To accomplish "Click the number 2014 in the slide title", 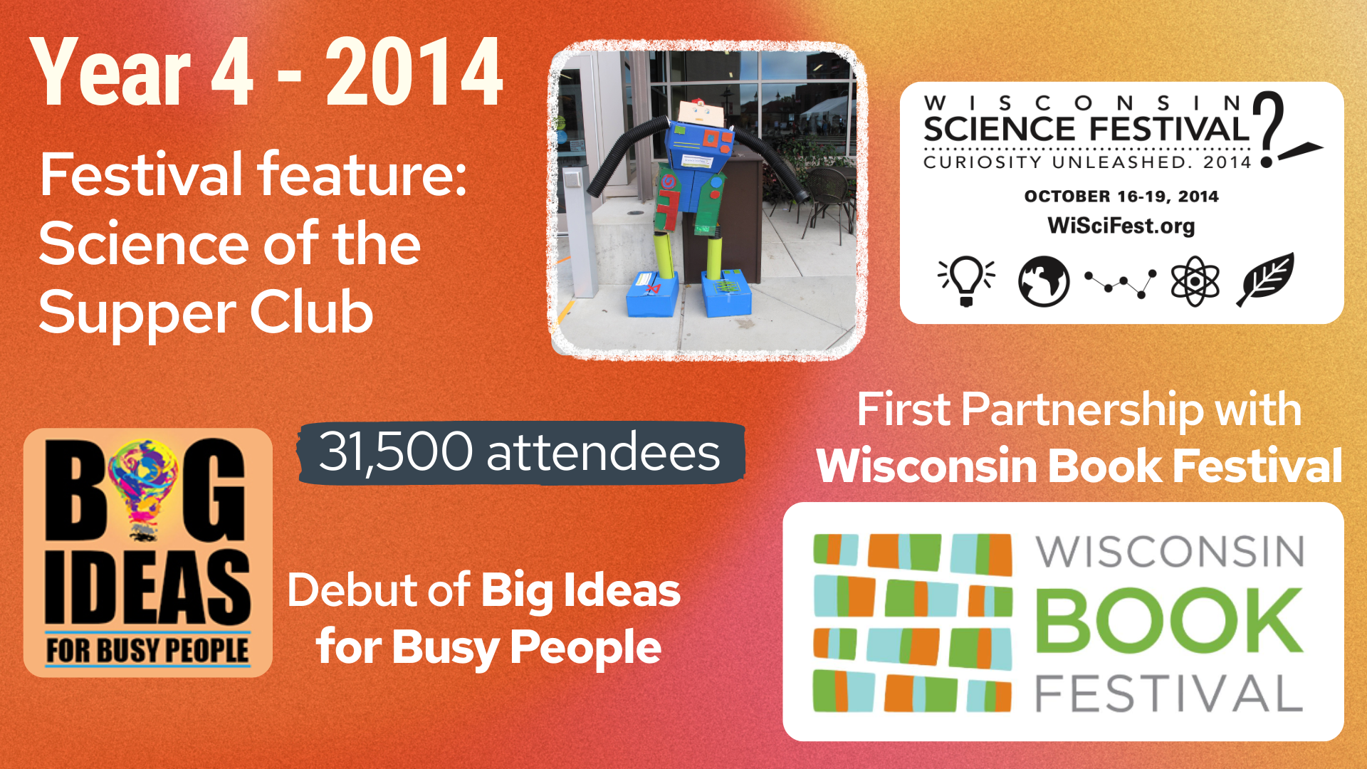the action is (x=415, y=73).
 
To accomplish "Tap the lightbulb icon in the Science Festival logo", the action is (x=966, y=281).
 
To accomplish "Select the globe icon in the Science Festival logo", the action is (x=1044, y=281).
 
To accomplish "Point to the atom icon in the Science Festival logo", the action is (x=1195, y=281).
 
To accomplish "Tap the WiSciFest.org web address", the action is (x=1121, y=226).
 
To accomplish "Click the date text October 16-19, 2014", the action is (x=1121, y=197).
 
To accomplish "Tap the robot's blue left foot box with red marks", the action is (x=652, y=293).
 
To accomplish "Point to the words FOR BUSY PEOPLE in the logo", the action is (x=148, y=651).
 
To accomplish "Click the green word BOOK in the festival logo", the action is (x=1169, y=620).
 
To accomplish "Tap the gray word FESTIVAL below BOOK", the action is (x=1169, y=694).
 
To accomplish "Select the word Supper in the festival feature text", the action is (x=136, y=313).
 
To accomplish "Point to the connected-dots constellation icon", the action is (x=1120, y=283).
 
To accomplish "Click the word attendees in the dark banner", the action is (x=604, y=453).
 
